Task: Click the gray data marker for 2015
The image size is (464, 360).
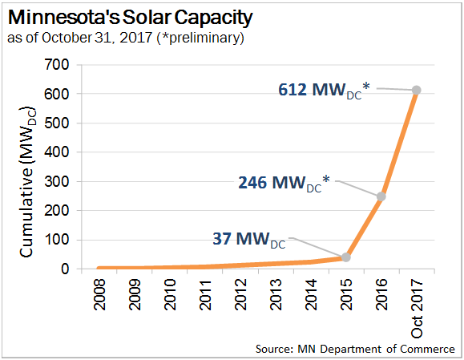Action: coord(346,257)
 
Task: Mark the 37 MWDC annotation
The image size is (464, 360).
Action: coord(248,239)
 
